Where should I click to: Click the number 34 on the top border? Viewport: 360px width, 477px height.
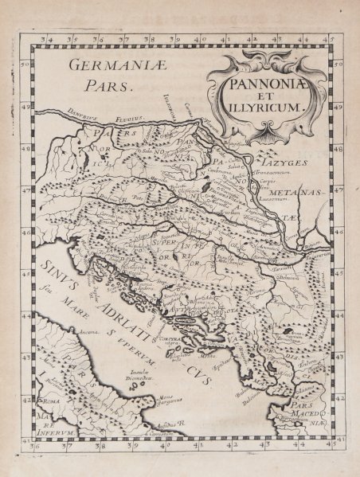[x=53, y=37]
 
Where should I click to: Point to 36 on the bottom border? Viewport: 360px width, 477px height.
[x=35, y=446]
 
